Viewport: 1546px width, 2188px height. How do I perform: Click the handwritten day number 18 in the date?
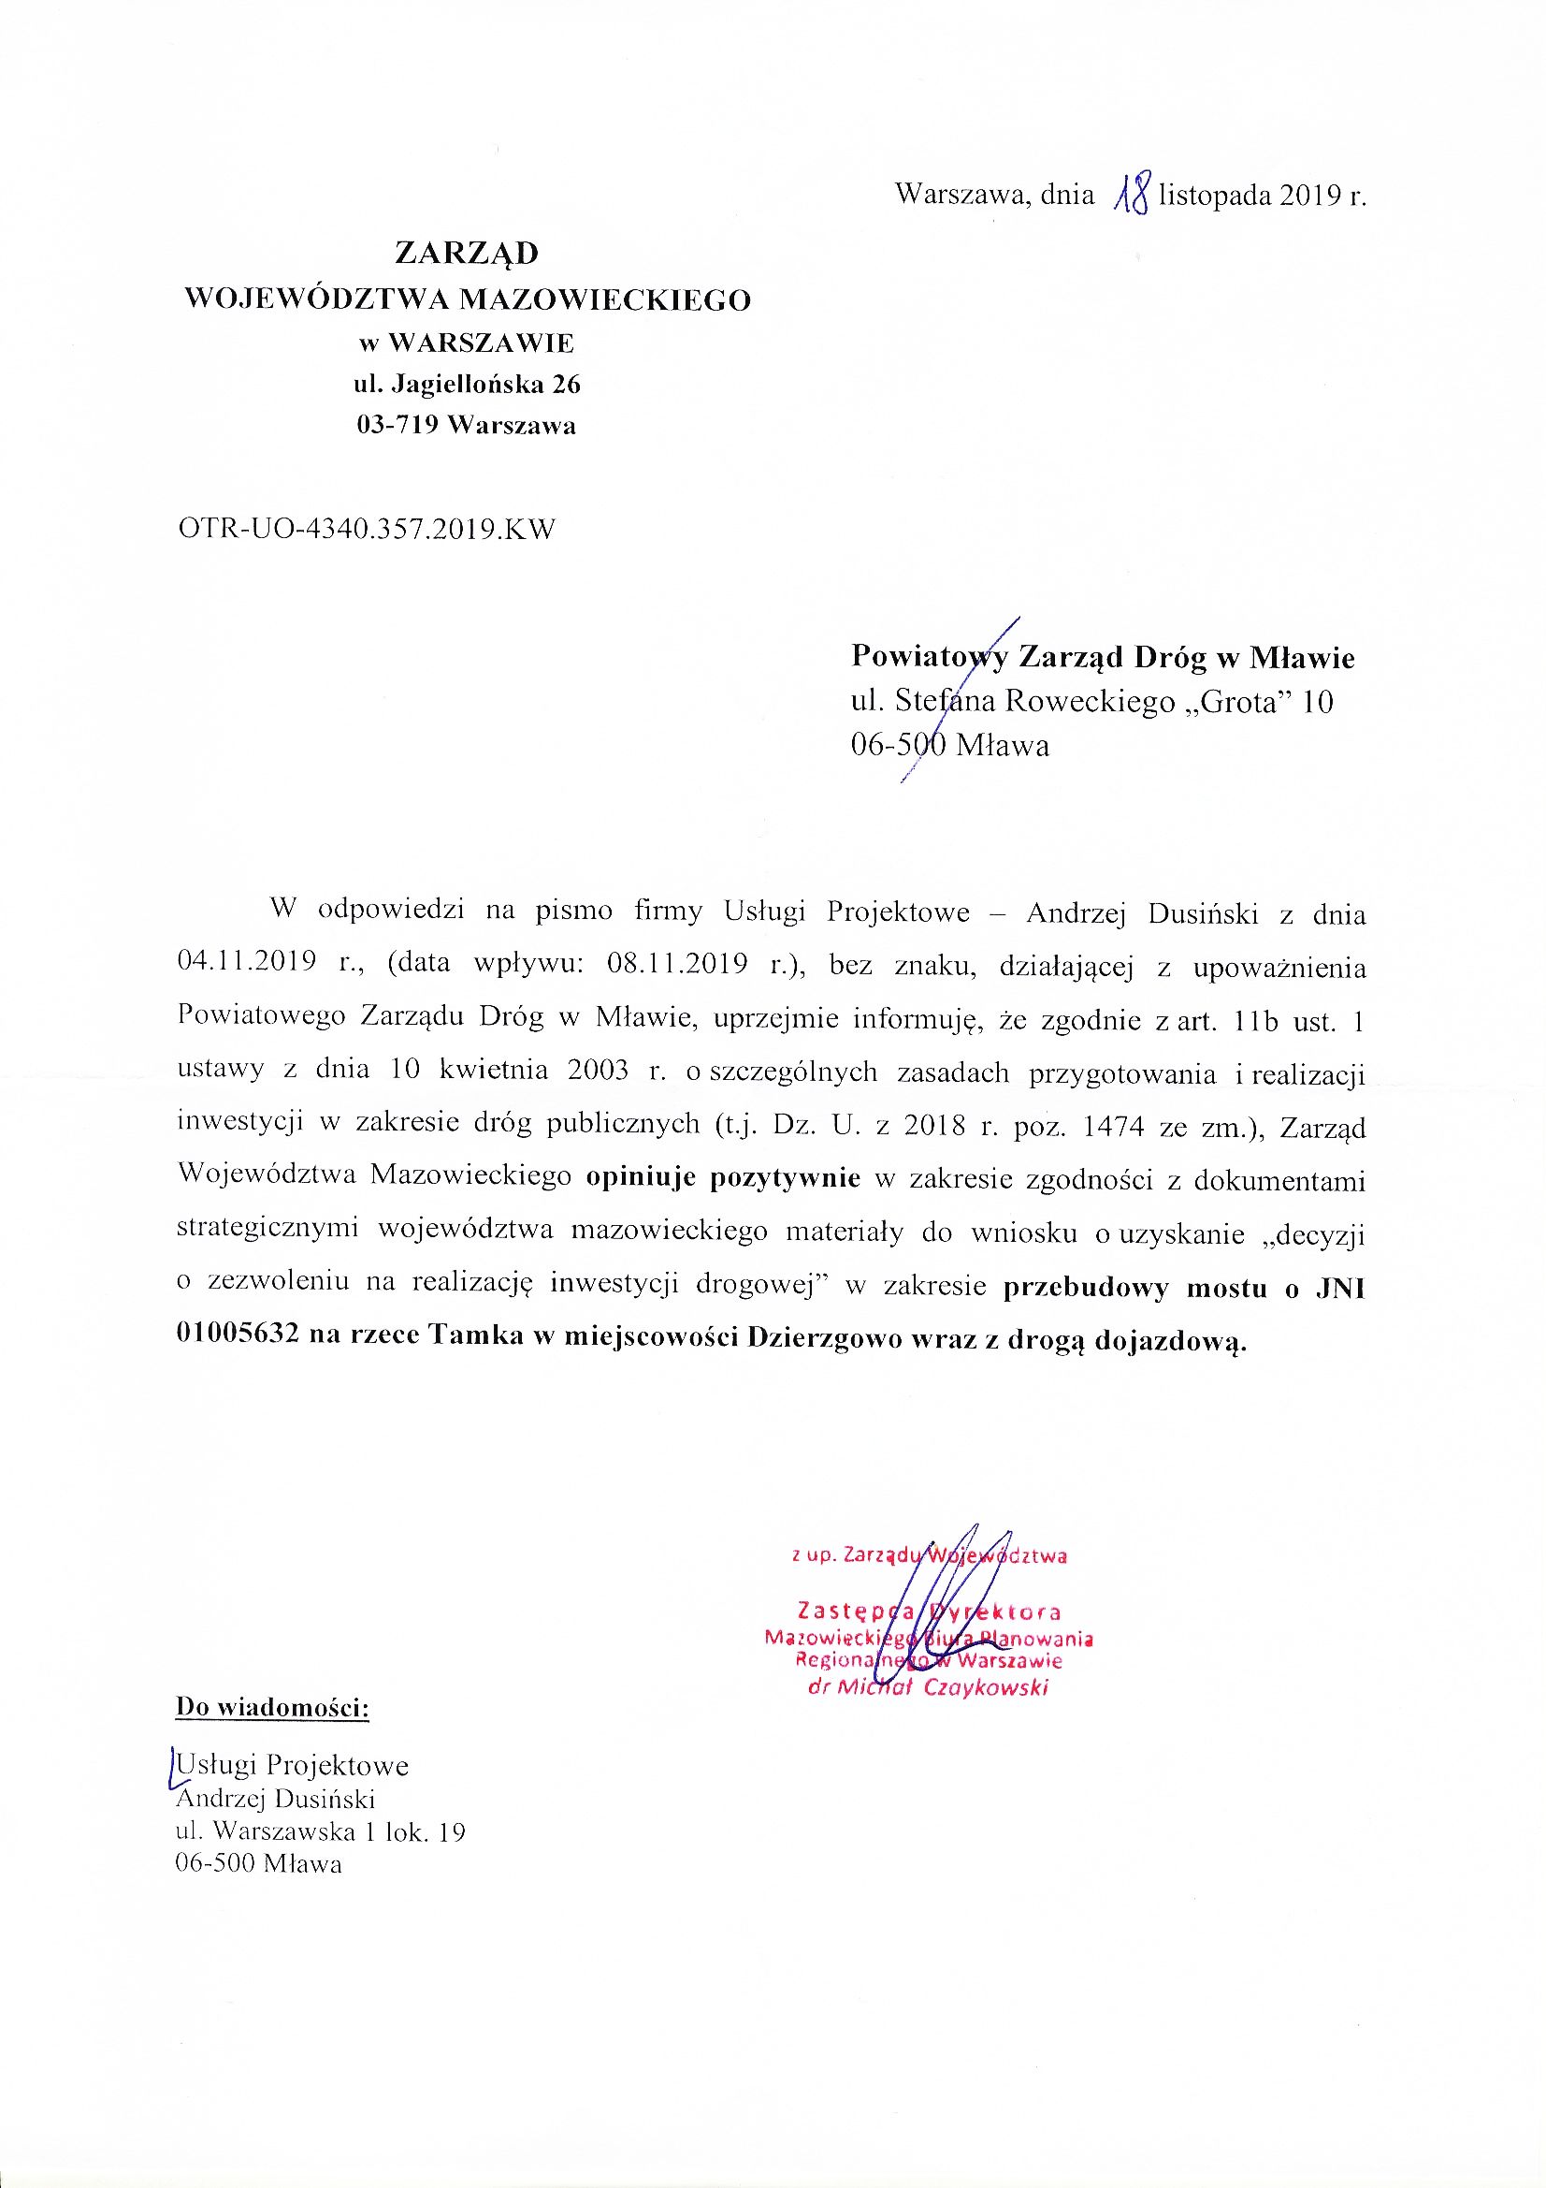1132,194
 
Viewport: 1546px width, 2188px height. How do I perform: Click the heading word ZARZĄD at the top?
467,254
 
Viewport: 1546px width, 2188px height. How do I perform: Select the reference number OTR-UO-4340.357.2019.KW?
366,529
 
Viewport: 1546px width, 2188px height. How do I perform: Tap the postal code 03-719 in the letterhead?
397,425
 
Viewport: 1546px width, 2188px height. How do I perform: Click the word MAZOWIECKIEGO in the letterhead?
605,300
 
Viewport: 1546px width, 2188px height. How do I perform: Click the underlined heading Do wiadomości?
271,1707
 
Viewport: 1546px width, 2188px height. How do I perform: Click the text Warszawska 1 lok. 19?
340,1831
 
